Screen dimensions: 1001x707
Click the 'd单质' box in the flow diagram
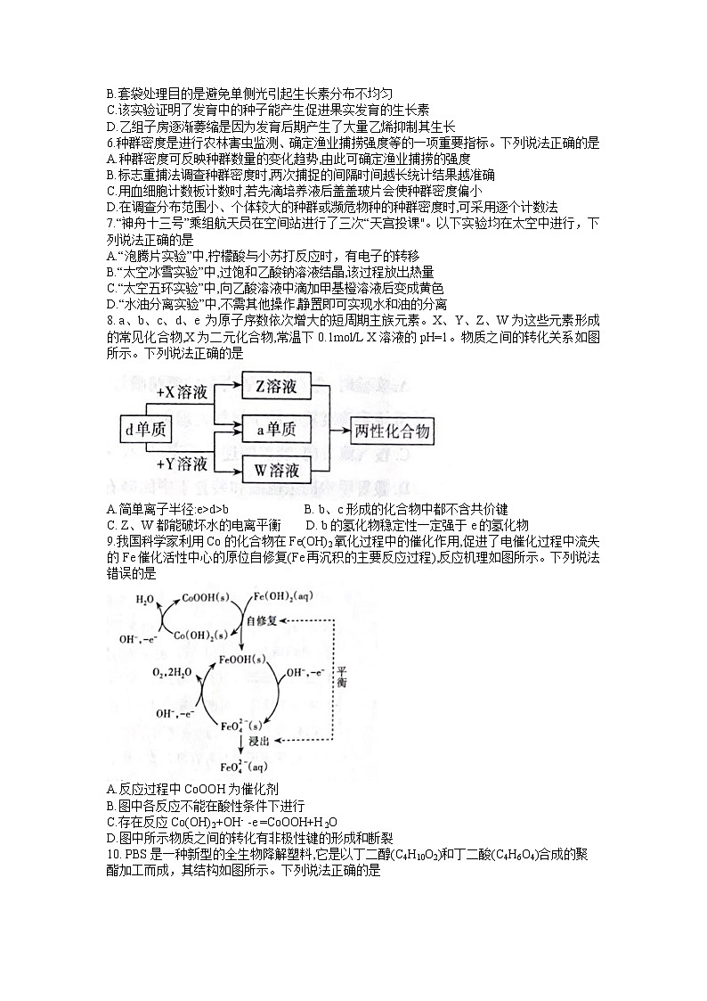[146, 431]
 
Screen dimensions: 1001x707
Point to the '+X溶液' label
[182, 391]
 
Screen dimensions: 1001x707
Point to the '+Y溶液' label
[182, 464]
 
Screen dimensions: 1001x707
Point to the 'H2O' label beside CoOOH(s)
[144, 600]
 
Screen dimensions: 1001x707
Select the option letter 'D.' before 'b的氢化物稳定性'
[311, 525]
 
